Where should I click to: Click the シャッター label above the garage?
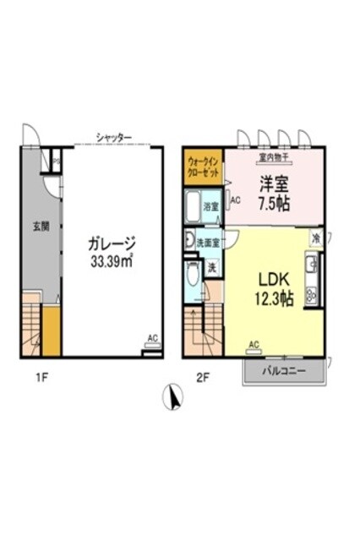click(114, 135)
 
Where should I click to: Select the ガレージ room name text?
click(113, 244)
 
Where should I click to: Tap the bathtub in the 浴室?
click(192, 206)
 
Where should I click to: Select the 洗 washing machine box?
click(212, 267)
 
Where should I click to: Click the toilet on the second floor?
click(192, 278)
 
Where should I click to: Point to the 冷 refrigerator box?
click(314, 239)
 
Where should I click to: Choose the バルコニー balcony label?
click(282, 371)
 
